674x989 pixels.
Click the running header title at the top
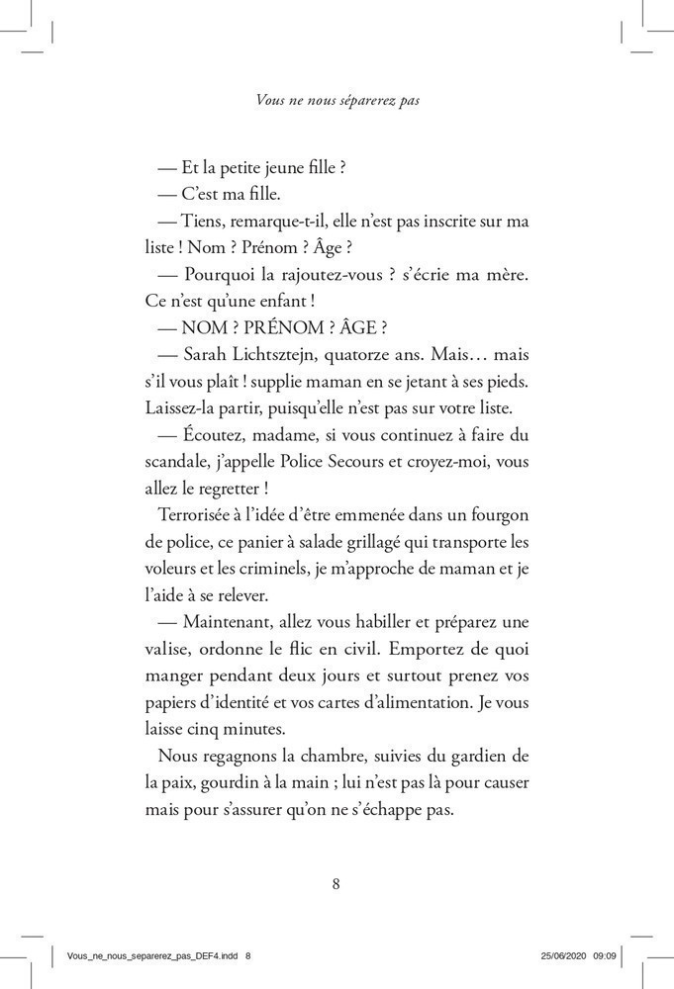[337, 100]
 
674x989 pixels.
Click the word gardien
[479, 757]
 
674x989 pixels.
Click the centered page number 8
[337, 883]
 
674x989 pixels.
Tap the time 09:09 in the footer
[607, 956]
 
